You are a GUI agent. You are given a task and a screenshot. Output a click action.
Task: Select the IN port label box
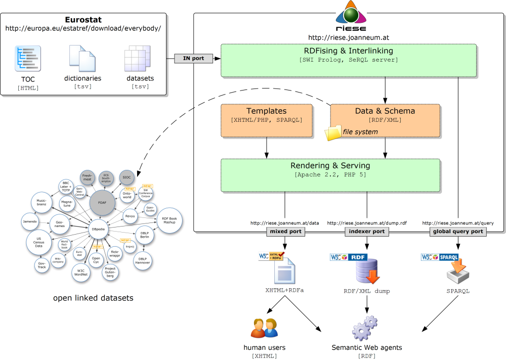pyautogui.click(x=193, y=59)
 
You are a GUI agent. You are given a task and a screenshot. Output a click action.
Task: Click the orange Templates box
pyautogui.click(x=267, y=121)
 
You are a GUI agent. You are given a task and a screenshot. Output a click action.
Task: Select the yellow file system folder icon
pyautogui.click(x=333, y=132)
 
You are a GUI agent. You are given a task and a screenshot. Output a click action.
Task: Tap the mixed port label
pyautogui.click(x=286, y=232)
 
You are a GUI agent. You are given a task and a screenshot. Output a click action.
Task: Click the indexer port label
pyautogui.click(x=367, y=232)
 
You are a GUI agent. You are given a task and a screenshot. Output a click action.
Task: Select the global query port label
pyautogui.click(x=458, y=232)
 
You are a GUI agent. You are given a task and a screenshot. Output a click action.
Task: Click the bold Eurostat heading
pyautogui.click(x=83, y=20)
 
